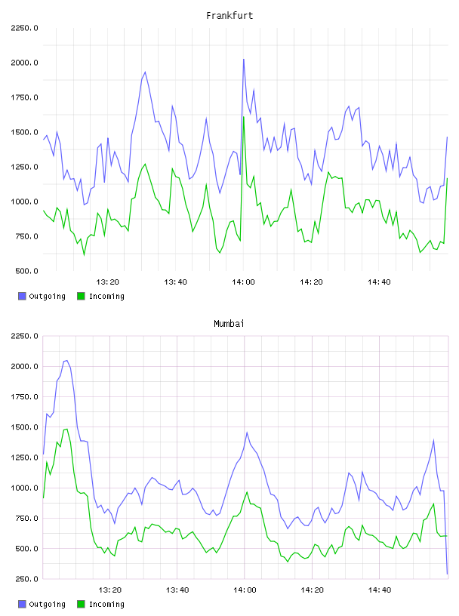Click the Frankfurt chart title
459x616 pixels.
229,15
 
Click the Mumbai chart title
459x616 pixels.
229,323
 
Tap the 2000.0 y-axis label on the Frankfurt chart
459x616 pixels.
24,63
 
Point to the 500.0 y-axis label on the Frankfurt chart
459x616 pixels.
26,271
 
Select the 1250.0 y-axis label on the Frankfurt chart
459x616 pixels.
24,167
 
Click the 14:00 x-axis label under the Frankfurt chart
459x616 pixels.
243,282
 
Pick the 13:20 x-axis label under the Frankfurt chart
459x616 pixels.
107,282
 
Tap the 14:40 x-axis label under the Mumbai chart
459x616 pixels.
380,590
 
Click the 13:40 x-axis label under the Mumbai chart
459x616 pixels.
177,590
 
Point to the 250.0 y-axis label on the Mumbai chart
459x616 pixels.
26,579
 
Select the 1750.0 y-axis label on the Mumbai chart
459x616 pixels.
24,397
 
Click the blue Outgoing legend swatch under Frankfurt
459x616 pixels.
22,296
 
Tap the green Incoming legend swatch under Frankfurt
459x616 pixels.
81,296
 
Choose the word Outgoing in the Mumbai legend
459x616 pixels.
47,604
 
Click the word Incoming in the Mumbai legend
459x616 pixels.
106,604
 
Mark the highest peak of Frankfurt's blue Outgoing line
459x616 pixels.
244,60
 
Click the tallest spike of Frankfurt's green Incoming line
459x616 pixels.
244,117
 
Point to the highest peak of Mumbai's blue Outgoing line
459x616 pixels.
66,361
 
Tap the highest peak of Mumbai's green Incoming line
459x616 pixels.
66,429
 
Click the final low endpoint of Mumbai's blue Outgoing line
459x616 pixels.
447,574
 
